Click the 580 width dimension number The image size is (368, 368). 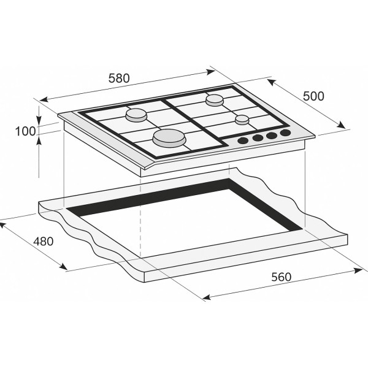point(119,79)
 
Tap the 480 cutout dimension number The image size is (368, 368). point(43,241)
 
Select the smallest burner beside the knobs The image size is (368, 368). point(242,119)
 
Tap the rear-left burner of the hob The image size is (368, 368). point(136,115)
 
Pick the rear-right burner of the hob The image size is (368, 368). point(215,99)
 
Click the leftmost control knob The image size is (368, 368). point(243,141)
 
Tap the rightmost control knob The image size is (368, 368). point(285,133)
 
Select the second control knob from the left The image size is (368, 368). point(258,139)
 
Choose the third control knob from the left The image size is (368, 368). point(272,136)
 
